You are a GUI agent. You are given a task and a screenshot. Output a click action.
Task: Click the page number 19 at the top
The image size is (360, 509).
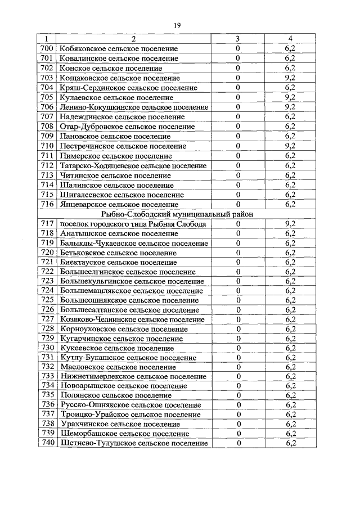(177, 25)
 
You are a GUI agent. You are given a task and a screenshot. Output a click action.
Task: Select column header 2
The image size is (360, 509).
(133, 39)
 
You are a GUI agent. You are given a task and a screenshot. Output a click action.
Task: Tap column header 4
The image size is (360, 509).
(290, 39)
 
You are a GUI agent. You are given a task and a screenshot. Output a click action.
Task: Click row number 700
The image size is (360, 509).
(47, 48)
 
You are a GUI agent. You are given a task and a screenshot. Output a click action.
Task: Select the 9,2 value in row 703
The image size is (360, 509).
(290, 78)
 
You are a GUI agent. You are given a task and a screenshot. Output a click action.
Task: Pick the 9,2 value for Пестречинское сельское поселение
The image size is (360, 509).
(290, 146)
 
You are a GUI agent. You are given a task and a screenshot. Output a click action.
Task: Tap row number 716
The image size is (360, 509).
(47, 204)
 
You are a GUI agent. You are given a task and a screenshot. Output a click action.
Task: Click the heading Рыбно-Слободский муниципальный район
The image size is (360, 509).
(177, 214)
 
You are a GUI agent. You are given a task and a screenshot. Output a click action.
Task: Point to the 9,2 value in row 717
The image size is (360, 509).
(290, 224)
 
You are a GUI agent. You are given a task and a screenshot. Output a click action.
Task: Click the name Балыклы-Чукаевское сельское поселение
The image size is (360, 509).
(133, 244)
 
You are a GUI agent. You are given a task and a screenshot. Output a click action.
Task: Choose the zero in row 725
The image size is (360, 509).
(238, 300)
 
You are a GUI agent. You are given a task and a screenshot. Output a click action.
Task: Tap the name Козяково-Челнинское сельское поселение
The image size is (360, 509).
(132, 319)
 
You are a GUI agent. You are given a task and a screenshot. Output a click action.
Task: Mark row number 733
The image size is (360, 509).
(47, 376)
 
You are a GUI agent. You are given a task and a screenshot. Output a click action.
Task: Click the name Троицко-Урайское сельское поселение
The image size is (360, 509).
(129, 415)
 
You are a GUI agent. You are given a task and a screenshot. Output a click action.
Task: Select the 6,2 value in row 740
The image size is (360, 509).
(290, 443)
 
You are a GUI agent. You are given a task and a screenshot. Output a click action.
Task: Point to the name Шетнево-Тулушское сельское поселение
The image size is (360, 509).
(133, 443)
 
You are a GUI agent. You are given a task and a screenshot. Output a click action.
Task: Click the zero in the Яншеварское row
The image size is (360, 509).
(238, 204)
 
